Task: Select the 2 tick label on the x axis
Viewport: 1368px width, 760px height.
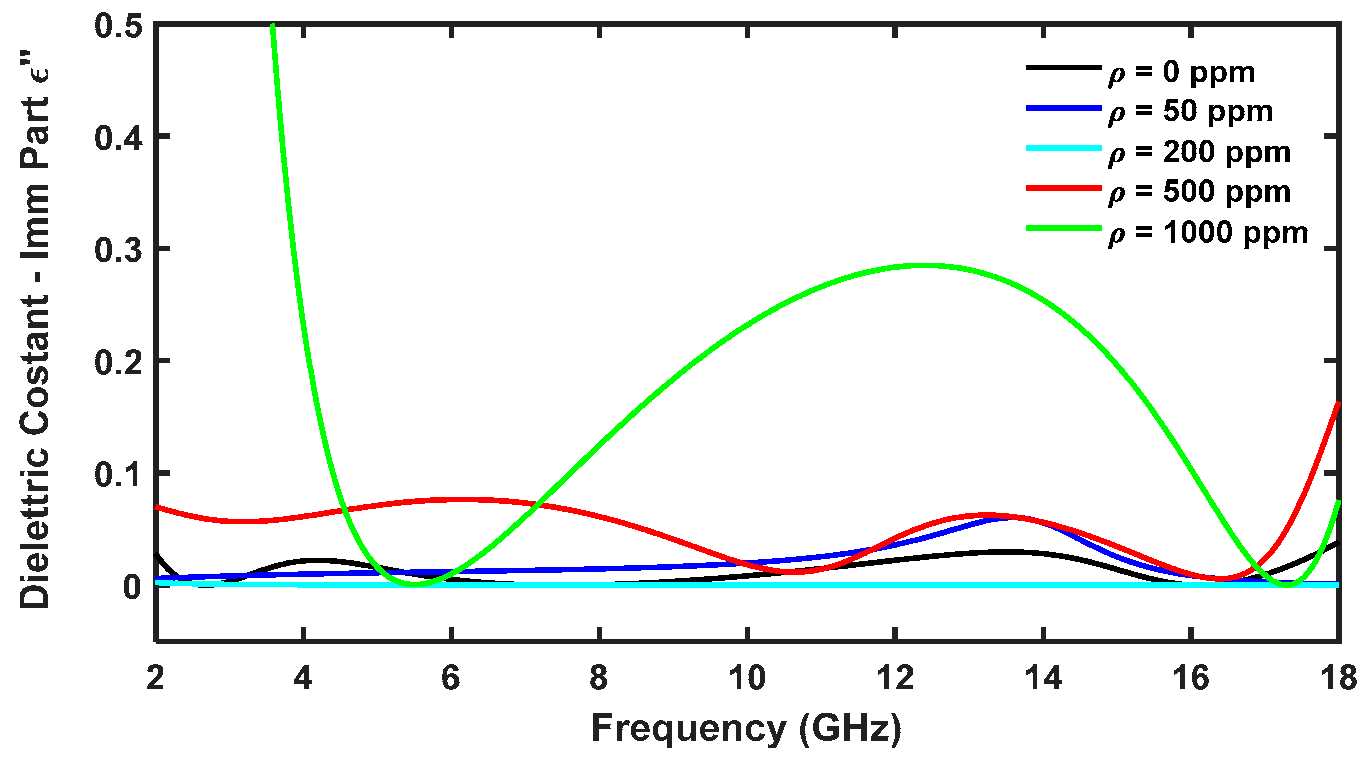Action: (155, 678)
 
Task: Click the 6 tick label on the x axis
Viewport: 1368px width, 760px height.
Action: (451, 678)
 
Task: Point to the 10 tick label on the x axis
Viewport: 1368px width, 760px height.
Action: (747, 678)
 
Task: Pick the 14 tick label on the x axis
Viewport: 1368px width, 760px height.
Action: (1044, 678)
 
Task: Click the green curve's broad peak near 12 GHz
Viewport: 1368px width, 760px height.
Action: (924, 265)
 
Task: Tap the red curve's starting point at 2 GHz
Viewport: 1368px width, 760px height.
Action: (157, 507)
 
